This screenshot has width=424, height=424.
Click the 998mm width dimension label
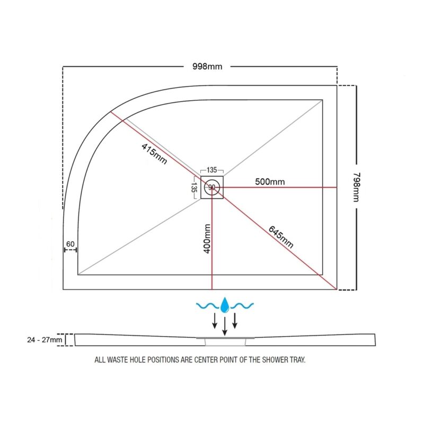[207, 67]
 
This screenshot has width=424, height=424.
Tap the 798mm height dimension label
[357, 187]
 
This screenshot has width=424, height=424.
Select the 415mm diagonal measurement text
[154, 154]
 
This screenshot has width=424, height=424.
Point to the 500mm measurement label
[270, 181]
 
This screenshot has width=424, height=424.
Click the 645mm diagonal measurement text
[281, 237]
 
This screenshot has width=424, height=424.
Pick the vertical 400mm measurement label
[207, 239]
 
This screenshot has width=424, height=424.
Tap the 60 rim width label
[70, 244]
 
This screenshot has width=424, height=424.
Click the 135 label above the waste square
[211, 170]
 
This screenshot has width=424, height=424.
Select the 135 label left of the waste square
[193, 187]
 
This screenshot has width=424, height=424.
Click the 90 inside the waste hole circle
[211, 187]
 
